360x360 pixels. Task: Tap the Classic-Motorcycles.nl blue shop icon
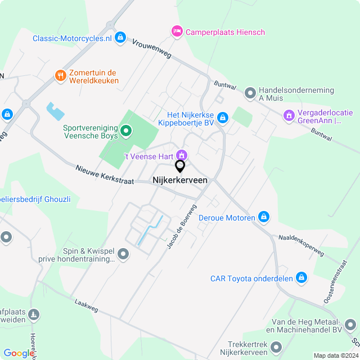click(x=120, y=38)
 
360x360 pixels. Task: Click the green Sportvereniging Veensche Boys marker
click(x=127, y=132)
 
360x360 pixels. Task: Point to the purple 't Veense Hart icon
click(x=182, y=154)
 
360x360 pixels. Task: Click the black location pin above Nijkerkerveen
click(x=180, y=166)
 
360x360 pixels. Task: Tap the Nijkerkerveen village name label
click(x=180, y=180)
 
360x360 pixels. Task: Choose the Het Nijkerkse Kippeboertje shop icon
click(x=223, y=118)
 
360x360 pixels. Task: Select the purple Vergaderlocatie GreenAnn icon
click(x=289, y=116)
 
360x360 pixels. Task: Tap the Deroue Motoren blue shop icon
click(x=264, y=217)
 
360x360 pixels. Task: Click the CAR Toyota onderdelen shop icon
click(x=301, y=277)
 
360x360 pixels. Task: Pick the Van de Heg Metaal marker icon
click(x=351, y=325)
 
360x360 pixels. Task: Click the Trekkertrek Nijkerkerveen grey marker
click(x=276, y=347)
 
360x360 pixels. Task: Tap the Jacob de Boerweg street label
click(x=182, y=227)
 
